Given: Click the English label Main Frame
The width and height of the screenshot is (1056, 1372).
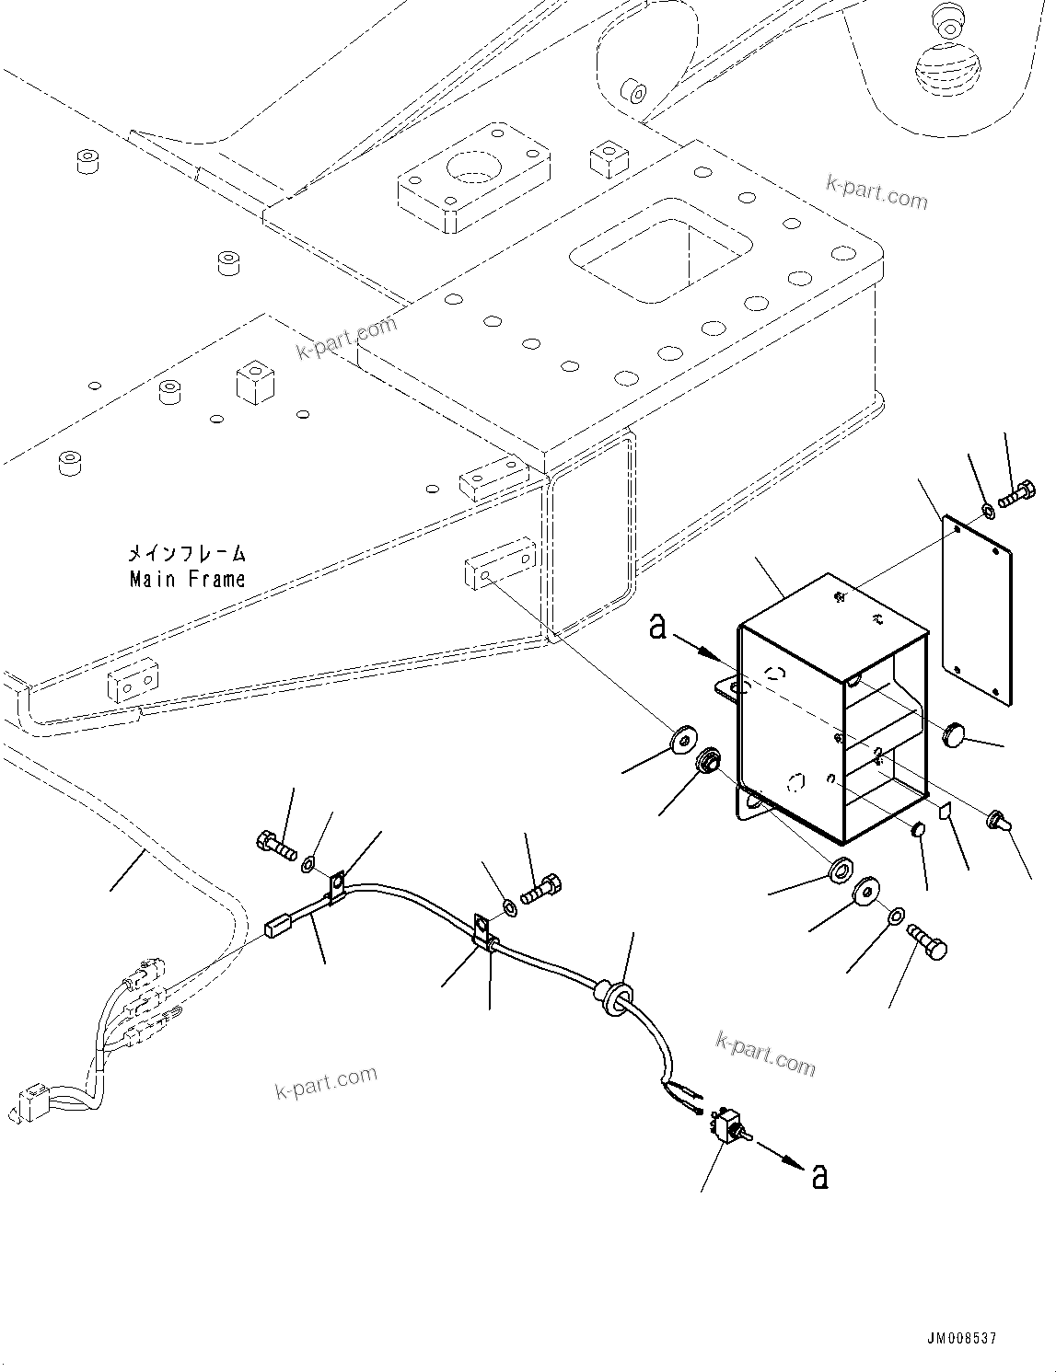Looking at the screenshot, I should point(187,579).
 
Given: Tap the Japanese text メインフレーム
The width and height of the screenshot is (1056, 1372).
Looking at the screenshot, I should point(187,554).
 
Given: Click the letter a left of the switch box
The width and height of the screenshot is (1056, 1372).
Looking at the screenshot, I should point(657,627).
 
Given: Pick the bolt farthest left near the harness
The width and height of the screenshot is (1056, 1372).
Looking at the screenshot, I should point(273,844).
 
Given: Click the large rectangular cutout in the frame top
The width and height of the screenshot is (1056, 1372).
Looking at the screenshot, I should point(659,249).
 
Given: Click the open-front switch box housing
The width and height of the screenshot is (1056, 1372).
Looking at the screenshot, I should point(829,709).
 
